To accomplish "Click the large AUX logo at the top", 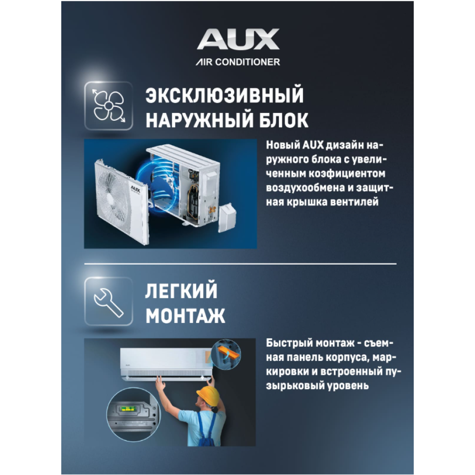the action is (x=238, y=39).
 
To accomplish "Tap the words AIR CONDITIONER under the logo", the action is (x=238, y=62).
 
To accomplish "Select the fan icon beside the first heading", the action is (x=109, y=106).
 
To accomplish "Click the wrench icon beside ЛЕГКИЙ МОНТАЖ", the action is (x=109, y=302).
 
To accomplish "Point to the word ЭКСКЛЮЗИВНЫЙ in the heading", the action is (x=225, y=95).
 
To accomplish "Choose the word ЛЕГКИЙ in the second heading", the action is (x=181, y=290).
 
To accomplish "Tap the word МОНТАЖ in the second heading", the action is (x=185, y=316).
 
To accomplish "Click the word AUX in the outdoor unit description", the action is (x=313, y=145).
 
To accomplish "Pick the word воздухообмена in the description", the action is (x=305, y=188).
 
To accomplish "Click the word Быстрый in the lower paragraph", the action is (x=289, y=343).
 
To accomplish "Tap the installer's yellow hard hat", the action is (x=209, y=395).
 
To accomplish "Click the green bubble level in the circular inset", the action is (x=127, y=408).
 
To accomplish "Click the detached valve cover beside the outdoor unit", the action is (x=227, y=213).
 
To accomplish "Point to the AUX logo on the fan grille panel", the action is (x=135, y=189).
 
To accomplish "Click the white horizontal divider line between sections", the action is (x=240, y=264).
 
